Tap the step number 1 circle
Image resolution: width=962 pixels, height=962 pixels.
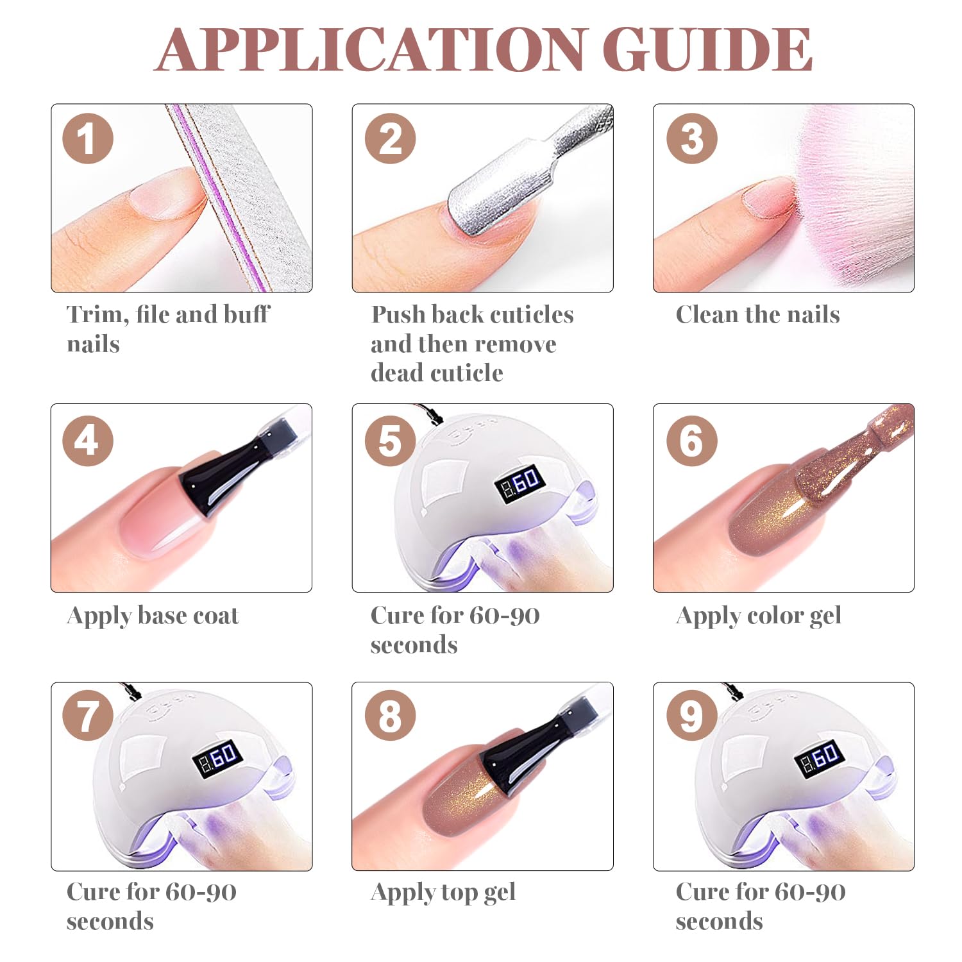pyautogui.click(x=88, y=139)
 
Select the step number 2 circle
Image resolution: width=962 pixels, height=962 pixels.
pyautogui.click(x=390, y=139)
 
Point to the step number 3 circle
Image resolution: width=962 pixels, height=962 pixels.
pyautogui.click(x=691, y=139)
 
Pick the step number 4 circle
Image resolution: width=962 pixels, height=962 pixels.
pyautogui.click(x=88, y=441)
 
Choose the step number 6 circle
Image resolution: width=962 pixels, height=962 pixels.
pyautogui.click(x=691, y=441)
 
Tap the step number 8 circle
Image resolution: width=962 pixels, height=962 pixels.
pyautogui.click(x=390, y=716)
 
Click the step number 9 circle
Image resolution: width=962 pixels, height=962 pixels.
pyautogui.click(x=691, y=716)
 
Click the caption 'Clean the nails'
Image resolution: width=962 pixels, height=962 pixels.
pyautogui.click(x=757, y=314)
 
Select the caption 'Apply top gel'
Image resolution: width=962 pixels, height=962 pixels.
pyautogui.click(x=443, y=893)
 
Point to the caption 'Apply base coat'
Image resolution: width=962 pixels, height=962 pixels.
pyautogui.click(x=153, y=616)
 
